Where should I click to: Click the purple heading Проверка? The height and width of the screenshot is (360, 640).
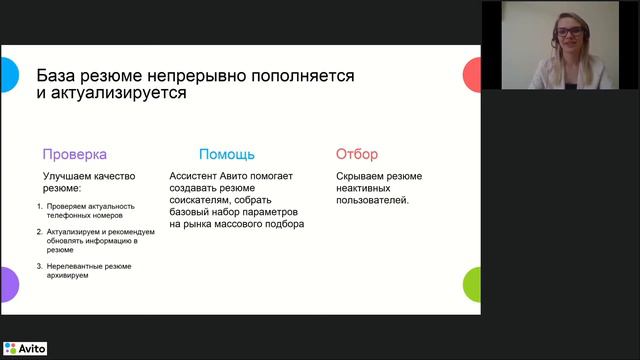coord(74,154)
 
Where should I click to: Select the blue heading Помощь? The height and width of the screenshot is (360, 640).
coord(226,154)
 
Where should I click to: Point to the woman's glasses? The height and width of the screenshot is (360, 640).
coord(569,32)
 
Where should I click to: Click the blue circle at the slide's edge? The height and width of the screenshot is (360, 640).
coord(7,73)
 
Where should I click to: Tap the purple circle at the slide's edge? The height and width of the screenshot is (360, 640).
coord(7,284)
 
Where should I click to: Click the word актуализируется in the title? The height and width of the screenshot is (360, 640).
coord(118,94)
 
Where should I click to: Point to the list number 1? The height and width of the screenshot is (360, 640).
coord(38,207)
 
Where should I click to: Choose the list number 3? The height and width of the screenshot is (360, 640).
coord(38,266)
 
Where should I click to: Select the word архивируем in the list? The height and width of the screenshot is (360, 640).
coord(68,276)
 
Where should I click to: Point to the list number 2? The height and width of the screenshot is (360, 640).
coord(38,231)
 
